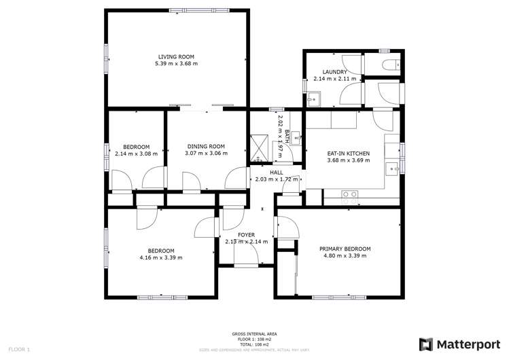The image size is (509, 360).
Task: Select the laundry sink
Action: (x=315, y=98)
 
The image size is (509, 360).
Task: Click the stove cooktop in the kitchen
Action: (x=349, y=194)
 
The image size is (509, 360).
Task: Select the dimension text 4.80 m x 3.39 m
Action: (x=345, y=257)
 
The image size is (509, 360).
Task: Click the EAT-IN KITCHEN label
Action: (x=349, y=154)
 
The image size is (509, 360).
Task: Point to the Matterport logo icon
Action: (x=427, y=344)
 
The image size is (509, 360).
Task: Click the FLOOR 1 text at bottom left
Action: (x=18, y=350)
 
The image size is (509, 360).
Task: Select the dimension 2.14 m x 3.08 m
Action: (x=136, y=154)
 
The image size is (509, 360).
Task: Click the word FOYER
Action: (x=246, y=234)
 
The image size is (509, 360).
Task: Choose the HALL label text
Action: (x=276, y=173)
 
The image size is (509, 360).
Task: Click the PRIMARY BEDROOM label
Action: (x=345, y=249)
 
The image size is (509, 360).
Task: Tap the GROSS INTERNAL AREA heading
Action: (x=255, y=334)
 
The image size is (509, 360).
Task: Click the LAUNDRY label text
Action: (x=335, y=72)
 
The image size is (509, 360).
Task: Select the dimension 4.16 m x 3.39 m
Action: (x=161, y=257)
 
